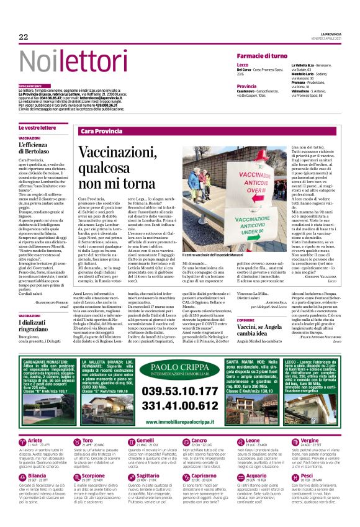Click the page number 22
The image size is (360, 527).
tap(24, 37)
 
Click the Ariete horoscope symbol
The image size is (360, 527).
tap(22, 442)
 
